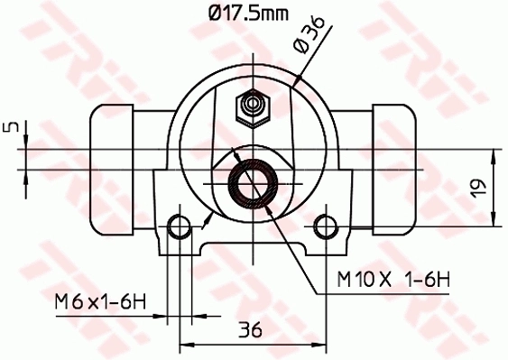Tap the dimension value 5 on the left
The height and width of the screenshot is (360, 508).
(10, 128)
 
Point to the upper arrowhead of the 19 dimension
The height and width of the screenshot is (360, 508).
(494, 154)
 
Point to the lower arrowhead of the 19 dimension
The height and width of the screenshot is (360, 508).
(494, 220)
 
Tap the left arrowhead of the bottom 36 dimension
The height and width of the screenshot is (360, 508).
(186, 343)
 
